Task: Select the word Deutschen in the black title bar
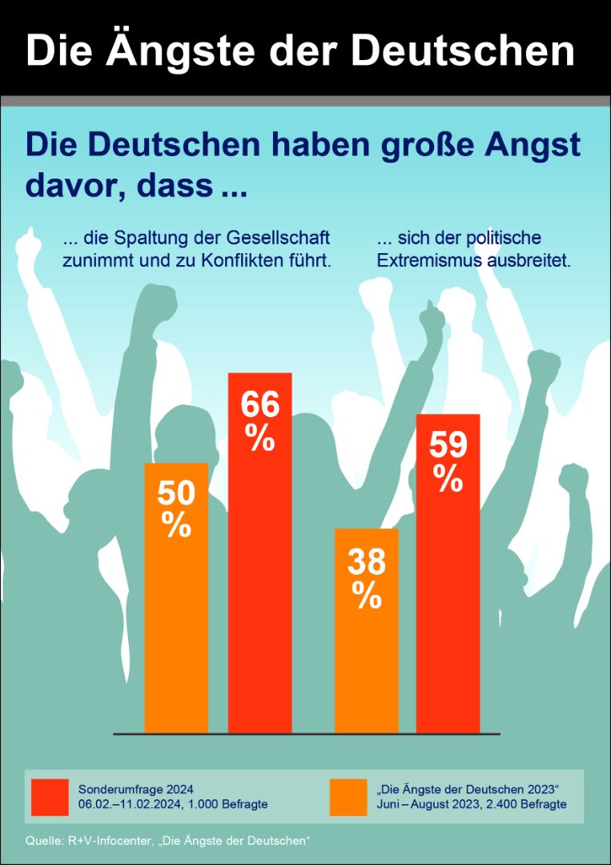(x=463, y=50)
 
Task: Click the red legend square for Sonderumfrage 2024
(x=50, y=796)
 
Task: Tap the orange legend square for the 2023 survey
(x=348, y=796)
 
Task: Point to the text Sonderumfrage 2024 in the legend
(x=135, y=788)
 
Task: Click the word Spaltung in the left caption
(x=143, y=239)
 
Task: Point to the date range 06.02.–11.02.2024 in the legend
(x=130, y=804)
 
